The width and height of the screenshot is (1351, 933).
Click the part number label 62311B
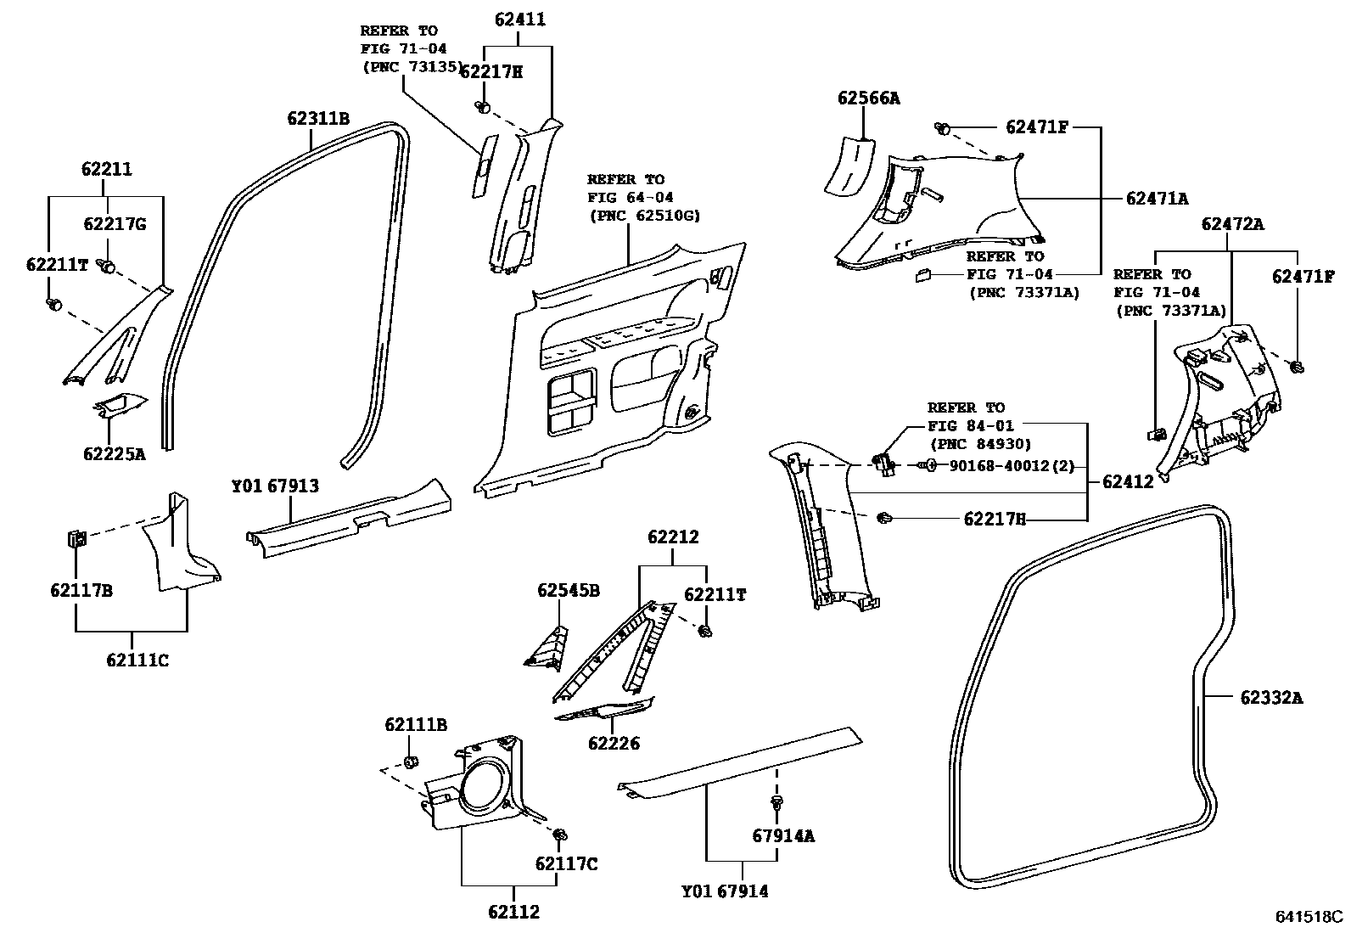coord(317,117)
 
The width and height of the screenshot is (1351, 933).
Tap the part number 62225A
coord(114,453)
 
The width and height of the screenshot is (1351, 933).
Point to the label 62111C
coord(137,659)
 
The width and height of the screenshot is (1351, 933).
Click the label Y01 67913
coord(275,486)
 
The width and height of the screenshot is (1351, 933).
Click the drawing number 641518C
coord(1311,917)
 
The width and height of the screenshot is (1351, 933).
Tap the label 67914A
coord(782,835)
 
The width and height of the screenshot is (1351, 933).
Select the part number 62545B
coord(568,590)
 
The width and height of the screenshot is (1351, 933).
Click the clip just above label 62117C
coord(560,836)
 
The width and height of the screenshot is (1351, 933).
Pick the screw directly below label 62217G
coord(107,267)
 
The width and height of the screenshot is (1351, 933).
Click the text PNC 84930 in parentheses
coord(980,443)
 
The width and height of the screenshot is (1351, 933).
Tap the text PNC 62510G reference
coord(645,216)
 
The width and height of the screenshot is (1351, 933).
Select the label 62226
coord(614,744)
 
